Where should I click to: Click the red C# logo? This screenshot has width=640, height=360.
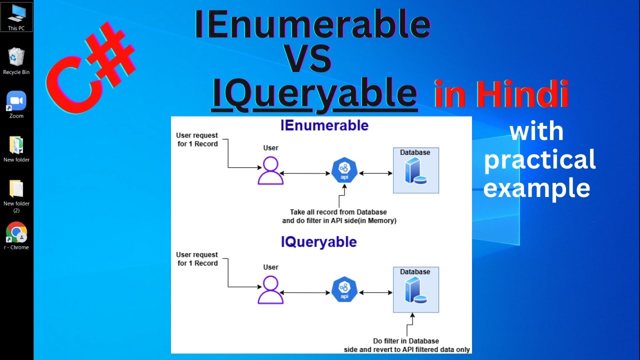pos(90,67)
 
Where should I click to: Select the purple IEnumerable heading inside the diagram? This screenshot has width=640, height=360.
pos(324,125)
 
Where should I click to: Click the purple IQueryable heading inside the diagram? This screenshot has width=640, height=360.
pos(319,242)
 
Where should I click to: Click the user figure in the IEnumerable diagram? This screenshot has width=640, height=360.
pos(270,170)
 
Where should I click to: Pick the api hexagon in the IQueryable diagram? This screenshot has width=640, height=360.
pos(344,289)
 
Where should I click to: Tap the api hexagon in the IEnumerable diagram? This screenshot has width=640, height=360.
pos(344,170)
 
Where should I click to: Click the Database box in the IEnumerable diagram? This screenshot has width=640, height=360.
pos(416,170)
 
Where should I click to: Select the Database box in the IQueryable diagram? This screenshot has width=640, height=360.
pos(416,289)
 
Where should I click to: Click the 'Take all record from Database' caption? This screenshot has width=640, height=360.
pos(338,212)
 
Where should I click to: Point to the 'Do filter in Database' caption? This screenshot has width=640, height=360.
pos(406,341)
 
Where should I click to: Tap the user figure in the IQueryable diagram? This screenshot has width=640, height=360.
pos(270,289)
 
